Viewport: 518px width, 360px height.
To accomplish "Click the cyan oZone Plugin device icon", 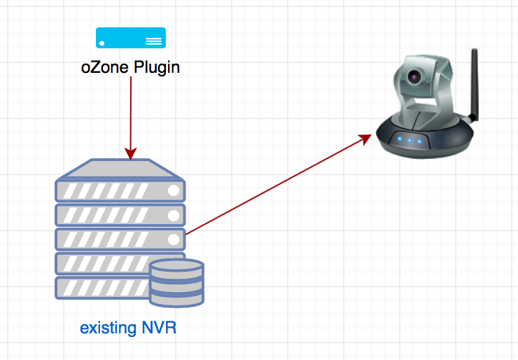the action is (131, 38).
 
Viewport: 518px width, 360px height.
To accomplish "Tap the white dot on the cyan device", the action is (102, 43).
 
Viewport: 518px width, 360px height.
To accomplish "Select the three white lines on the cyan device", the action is (153, 41).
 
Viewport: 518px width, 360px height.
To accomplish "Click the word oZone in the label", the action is (105, 67).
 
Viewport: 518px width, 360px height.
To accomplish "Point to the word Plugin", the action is (157, 68).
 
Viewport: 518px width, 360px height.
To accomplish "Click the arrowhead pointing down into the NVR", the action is (131, 153).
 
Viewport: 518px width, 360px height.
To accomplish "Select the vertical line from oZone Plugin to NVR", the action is (131, 112).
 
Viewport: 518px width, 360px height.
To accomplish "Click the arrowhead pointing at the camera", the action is (365, 139).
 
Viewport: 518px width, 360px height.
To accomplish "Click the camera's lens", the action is (414, 77).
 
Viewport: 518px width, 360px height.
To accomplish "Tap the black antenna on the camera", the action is (475, 84).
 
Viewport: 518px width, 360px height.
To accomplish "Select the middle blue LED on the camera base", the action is (409, 141).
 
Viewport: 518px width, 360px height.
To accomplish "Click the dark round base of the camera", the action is (426, 138).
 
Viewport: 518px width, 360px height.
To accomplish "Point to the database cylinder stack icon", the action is (176, 283).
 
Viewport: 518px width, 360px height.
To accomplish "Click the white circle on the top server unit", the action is (174, 191).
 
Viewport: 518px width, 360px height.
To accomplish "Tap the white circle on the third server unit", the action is (174, 240).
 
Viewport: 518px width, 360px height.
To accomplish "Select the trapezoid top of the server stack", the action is (120, 169).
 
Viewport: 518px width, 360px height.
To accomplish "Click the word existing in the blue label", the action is (108, 328).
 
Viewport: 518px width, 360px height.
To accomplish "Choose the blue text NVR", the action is (159, 328).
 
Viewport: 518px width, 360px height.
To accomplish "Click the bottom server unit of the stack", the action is (102, 289).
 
